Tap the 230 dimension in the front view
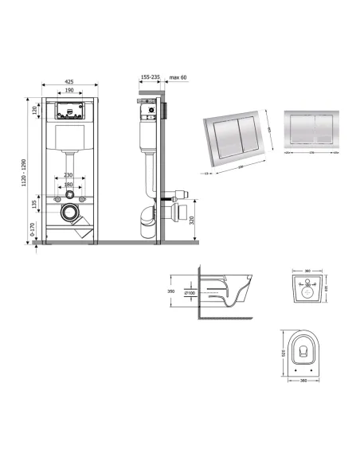pos(68,176)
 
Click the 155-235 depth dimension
pos(150,78)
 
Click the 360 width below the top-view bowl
pos(303,380)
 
